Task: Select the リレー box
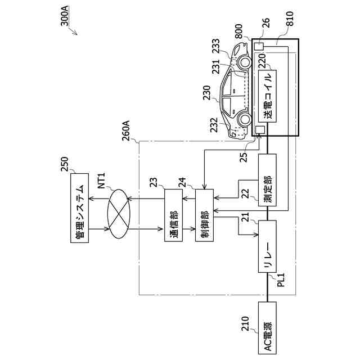[267, 247]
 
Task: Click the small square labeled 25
[260, 130]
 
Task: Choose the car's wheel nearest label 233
[244, 61]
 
